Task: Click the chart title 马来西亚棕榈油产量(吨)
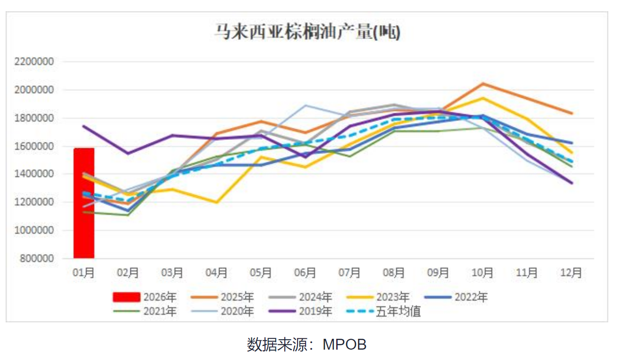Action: tap(307, 32)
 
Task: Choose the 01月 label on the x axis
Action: tap(84, 273)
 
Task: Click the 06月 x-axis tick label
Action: tap(305, 273)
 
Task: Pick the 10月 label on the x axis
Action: tap(482, 273)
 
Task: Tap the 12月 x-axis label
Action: tap(571, 273)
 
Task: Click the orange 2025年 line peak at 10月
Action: tap(482, 83)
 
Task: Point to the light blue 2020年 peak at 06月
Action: tap(305, 105)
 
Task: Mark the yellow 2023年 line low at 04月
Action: tap(216, 203)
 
